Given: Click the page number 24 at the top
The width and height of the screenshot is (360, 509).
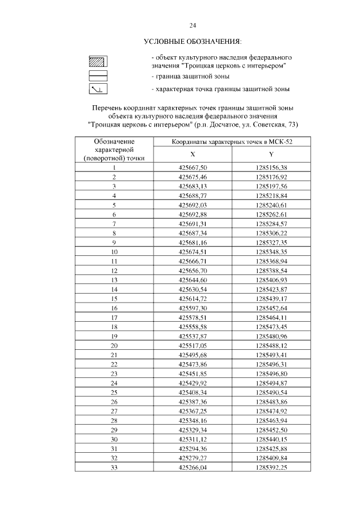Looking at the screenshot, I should (x=192, y=25).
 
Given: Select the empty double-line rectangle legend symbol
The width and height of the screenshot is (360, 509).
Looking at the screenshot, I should (x=98, y=75).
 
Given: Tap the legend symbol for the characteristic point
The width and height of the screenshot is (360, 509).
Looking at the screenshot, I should (x=98, y=89).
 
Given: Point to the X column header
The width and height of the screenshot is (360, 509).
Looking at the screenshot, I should (x=193, y=154).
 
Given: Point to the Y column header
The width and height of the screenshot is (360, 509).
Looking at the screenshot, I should (x=271, y=154).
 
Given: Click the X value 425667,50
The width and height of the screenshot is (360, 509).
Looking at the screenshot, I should (x=193, y=168).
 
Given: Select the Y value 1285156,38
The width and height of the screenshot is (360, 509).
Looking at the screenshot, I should (x=271, y=168).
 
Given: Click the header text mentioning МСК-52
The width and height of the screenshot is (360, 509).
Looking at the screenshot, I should (x=232, y=141).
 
